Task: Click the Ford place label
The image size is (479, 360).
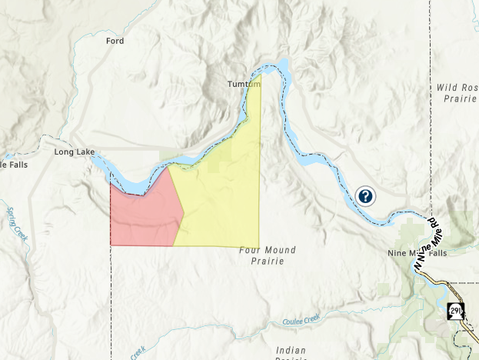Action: click(115, 41)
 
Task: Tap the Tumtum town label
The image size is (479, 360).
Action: click(244, 83)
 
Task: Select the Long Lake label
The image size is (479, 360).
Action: click(74, 152)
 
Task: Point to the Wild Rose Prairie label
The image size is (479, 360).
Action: click(457, 93)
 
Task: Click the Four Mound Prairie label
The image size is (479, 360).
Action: click(268, 255)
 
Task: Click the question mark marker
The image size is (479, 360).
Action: click(365, 196)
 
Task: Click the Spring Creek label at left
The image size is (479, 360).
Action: click(17, 224)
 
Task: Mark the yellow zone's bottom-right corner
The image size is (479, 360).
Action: click(258, 246)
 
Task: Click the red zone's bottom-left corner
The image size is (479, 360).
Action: click(111, 245)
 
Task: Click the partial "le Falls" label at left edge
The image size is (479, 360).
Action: click(14, 165)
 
